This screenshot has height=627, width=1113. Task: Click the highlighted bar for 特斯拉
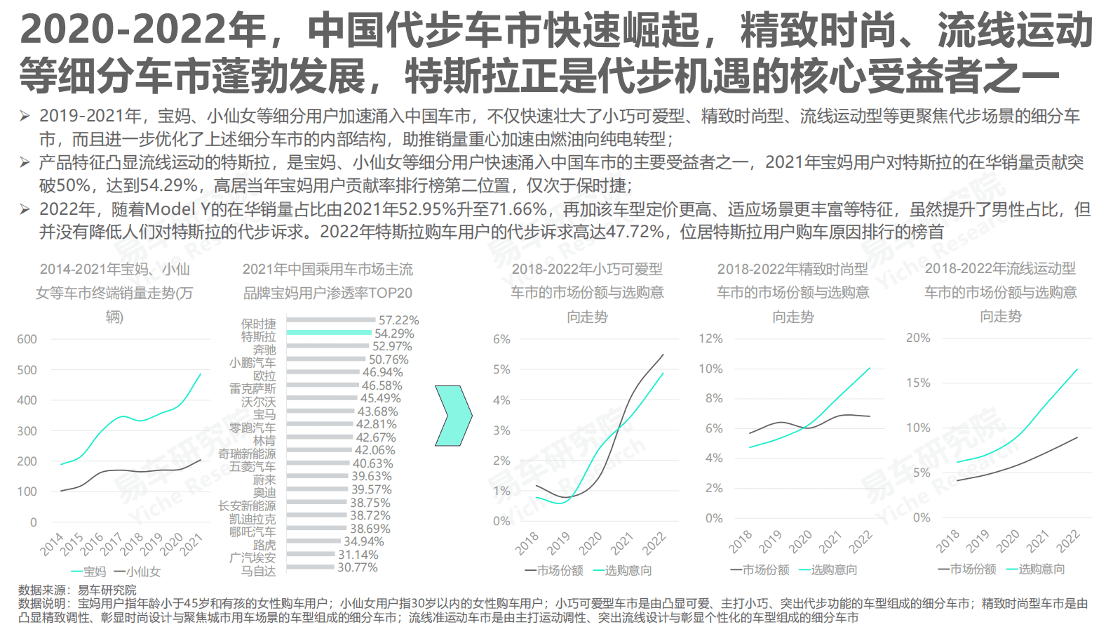click(x=329, y=333)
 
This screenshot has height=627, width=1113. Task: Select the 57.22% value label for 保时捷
click(x=398, y=320)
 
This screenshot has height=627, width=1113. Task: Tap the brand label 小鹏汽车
click(x=252, y=363)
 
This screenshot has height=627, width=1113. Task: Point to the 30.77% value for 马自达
click(x=358, y=567)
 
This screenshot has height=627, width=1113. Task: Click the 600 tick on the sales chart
click(x=27, y=339)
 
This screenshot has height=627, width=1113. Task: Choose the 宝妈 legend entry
click(x=89, y=572)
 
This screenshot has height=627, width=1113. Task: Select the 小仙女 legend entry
click(x=137, y=572)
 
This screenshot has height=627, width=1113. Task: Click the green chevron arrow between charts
click(x=453, y=415)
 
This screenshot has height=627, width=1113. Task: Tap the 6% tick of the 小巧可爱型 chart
click(x=501, y=339)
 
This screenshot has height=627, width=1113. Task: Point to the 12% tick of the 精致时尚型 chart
click(x=710, y=338)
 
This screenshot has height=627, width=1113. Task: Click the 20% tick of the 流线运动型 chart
click(x=918, y=338)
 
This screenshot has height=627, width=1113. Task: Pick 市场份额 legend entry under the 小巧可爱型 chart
click(x=554, y=570)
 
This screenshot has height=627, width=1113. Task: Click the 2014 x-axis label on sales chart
click(x=52, y=544)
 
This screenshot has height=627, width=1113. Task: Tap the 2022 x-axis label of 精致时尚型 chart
click(x=861, y=542)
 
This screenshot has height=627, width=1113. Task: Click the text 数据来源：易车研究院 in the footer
click(x=77, y=590)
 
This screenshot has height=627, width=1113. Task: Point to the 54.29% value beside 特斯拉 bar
click(x=394, y=334)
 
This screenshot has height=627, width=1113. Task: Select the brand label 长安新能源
click(x=247, y=506)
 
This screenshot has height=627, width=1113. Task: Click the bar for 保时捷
click(x=331, y=320)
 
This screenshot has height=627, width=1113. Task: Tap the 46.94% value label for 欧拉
click(x=382, y=372)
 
